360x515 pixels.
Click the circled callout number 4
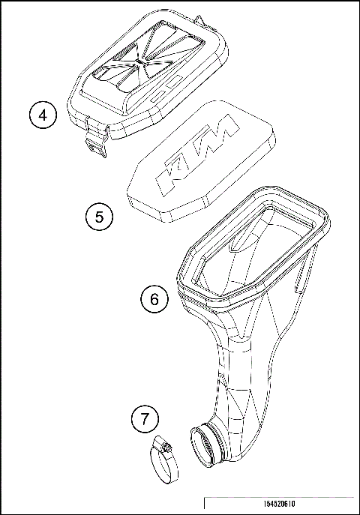[x=43, y=115]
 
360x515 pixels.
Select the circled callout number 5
[x=98, y=217]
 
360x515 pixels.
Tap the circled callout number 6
[x=154, y=299]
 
